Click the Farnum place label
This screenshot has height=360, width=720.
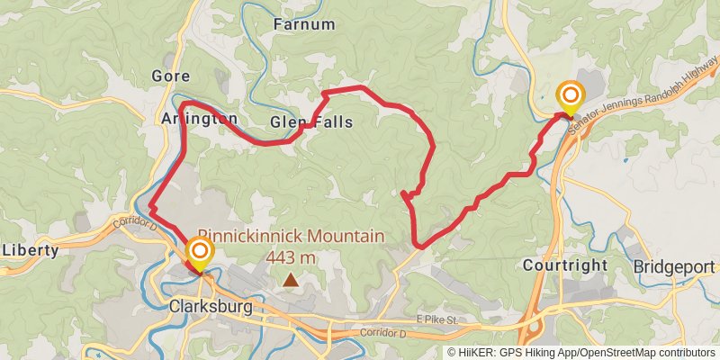304,24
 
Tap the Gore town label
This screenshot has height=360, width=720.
171,76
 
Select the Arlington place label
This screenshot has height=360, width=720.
200,119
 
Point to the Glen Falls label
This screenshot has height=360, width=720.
311,121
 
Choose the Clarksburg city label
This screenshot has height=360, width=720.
210,306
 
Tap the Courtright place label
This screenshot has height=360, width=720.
565,266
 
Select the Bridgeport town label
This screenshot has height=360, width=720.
675,267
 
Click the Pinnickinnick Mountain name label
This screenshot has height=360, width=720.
291,237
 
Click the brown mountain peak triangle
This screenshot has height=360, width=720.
291,281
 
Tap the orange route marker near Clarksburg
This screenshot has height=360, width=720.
200,251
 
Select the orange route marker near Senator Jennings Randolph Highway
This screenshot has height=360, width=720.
570,94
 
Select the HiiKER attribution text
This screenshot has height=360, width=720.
508,352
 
